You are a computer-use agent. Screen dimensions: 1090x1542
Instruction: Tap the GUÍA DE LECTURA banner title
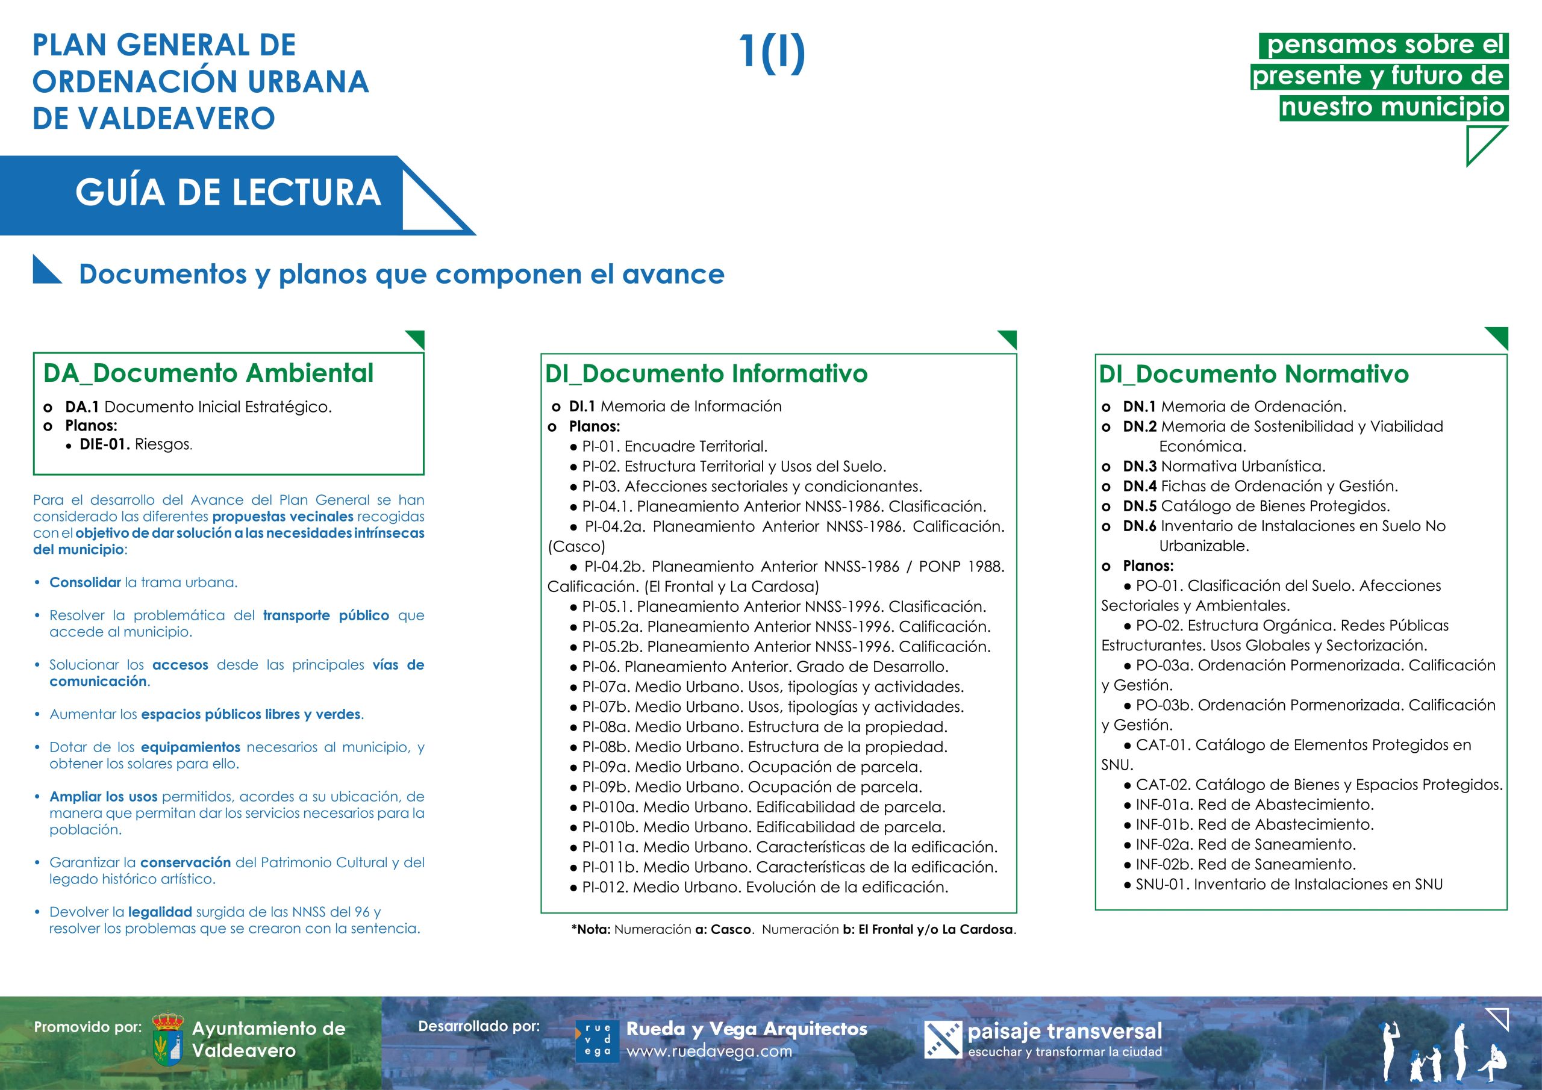coord(228,193)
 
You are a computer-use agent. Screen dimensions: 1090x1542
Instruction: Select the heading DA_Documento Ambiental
coord(208,373)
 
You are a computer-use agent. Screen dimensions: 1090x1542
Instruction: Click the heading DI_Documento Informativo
coord(707,374)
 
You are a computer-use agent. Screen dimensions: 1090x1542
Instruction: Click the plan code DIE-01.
coord(105,444)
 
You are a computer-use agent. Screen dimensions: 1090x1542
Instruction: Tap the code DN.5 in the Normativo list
coord(1140,506)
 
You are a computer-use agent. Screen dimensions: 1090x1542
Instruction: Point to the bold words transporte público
coord(326,616)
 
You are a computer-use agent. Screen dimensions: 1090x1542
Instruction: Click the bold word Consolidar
coord(86,583)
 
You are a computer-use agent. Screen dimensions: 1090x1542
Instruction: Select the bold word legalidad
coord(160,912)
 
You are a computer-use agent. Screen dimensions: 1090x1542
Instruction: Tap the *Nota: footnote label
coord(591,929)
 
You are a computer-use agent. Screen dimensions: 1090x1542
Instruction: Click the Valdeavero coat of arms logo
coord(167,1039)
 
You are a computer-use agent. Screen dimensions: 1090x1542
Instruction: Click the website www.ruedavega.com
coord(709,1051)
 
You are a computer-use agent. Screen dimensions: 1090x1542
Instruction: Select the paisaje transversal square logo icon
coord(943,1039)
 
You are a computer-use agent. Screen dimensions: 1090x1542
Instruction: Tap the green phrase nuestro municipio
coord(1393,107)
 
